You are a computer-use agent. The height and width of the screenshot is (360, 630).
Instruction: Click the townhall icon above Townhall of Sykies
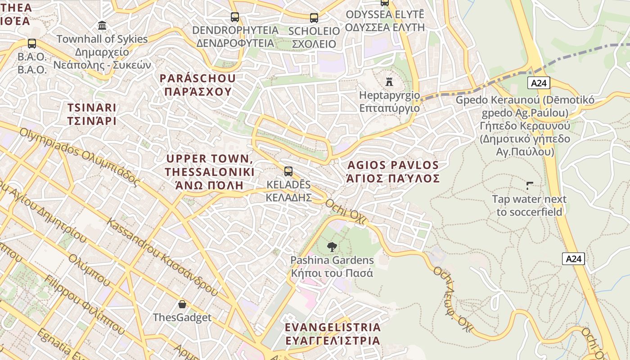[x=102, y=25]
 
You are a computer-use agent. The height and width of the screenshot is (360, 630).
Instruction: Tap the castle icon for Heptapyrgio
[x=389, y=82]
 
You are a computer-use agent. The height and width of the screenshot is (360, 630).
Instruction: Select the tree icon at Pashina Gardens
[x=332, y=247]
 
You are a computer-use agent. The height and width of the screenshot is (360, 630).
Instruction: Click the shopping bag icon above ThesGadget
[x=182, y=304]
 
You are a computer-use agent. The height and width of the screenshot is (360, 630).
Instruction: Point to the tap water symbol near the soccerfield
[x=530, y=185]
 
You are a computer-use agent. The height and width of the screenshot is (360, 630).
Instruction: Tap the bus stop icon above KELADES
[x=288, y=171]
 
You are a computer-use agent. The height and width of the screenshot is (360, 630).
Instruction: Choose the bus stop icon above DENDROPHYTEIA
[x=235, y=17]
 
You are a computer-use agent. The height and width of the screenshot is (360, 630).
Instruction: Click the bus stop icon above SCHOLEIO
[x=314, y=18]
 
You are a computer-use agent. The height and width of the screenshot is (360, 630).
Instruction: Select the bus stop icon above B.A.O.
[x=32, y=44]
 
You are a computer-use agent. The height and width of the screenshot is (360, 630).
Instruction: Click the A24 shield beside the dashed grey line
[x=539, y=83]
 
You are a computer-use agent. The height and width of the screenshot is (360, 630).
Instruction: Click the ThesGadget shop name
[x=182, y=317]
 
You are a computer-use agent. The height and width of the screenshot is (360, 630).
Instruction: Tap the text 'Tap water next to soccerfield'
[x=529, y=205]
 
